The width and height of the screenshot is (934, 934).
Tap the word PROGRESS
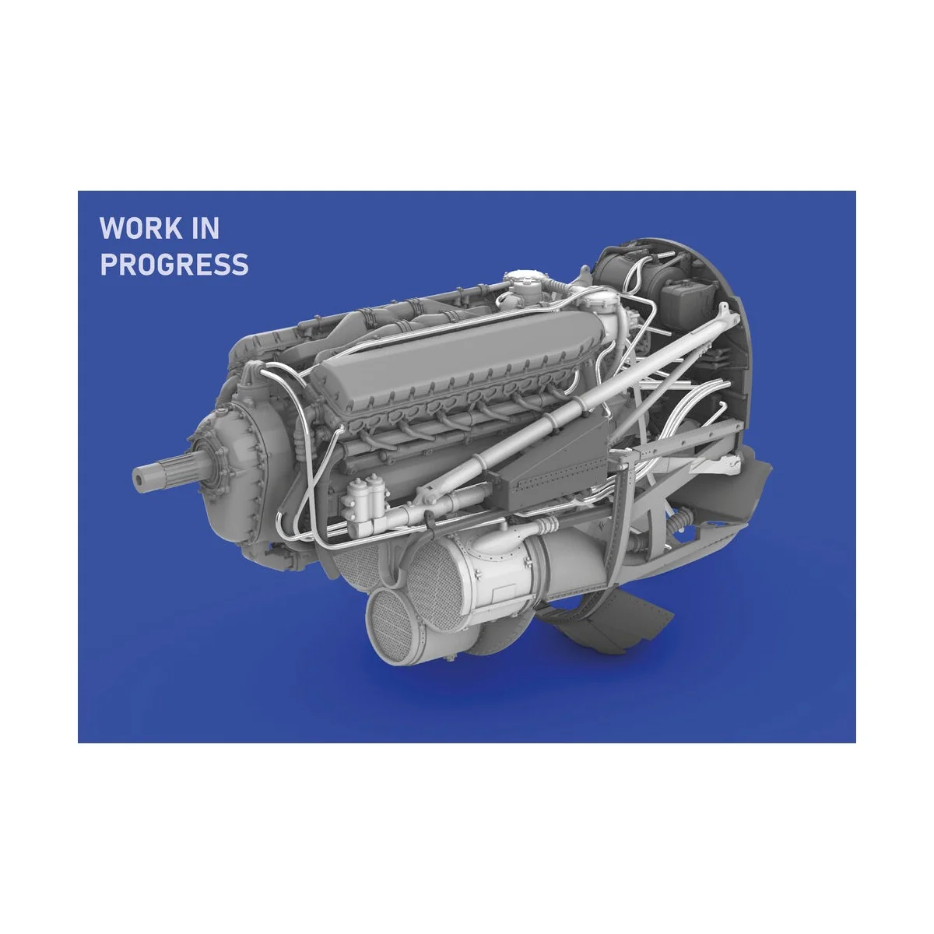pyautogui.click(x=174, y=265)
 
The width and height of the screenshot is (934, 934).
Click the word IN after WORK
pyautogui.click(x=205, y=229)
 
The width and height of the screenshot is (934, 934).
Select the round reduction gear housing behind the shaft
pyautogui.click(x=226, y=459)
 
